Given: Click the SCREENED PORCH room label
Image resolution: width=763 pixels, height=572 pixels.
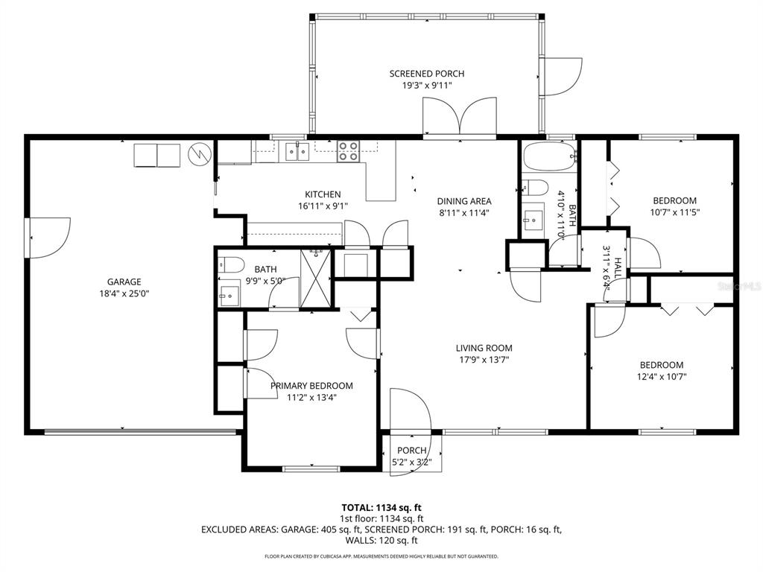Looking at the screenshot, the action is click(x=427, y=74).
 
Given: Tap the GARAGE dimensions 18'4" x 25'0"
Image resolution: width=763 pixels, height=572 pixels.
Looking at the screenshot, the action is click(x=124, y=293).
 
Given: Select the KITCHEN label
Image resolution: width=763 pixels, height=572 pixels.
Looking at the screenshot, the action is click(x=323, y=194).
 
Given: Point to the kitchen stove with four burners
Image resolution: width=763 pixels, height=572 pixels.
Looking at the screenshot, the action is click(x=349, y=150).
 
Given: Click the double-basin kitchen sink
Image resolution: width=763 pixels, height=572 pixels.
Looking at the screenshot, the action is click(x=297, y=151).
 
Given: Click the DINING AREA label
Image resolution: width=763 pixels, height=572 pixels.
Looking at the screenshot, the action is click(x=464, y=201).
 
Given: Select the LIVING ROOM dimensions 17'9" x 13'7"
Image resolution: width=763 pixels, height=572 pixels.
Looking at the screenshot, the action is click(x=483, y=360).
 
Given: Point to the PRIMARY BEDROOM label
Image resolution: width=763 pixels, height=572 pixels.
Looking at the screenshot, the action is click(x=311, y=386).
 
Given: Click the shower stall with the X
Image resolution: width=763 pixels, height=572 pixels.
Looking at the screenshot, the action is click(x=315, y=279).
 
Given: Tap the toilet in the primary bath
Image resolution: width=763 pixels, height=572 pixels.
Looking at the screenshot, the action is click(x=231, y=265).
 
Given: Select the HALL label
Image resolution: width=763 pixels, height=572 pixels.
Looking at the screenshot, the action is click(x=618, y=267).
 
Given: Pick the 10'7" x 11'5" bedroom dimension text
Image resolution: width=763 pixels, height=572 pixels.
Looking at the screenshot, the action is click(x=675, y=212).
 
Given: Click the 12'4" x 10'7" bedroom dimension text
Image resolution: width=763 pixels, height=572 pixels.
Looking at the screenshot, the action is click(x=662, y=376).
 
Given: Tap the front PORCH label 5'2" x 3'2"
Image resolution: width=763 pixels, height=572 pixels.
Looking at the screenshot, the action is click(x=411, y=457).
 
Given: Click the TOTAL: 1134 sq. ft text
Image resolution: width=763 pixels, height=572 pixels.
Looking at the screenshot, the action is click(x=381, y=508).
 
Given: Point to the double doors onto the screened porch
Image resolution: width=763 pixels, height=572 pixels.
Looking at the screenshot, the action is click(x=460, y=116).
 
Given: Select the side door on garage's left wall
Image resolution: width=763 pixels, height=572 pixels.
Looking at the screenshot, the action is click(x=48, y=238).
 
